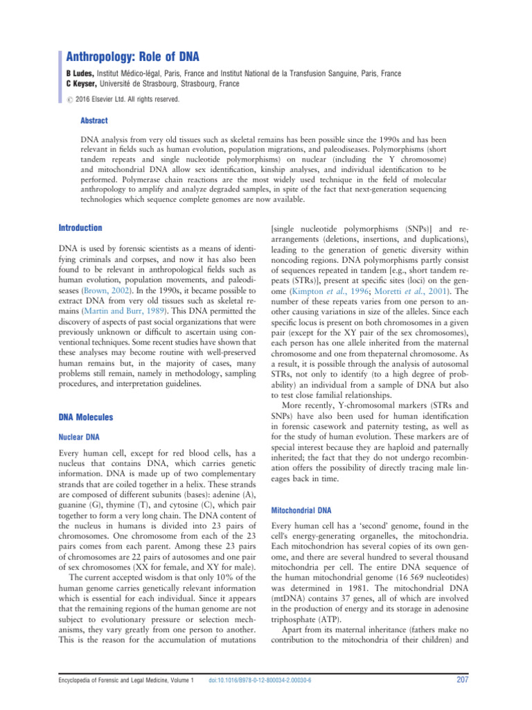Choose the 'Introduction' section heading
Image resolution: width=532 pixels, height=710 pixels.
point(80,227)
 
